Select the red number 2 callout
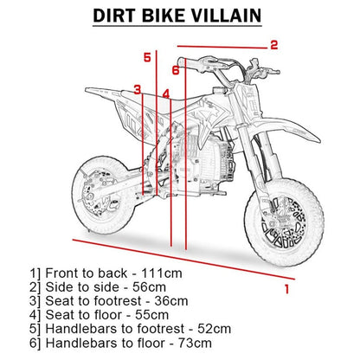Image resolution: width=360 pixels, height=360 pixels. (x=273, y=45)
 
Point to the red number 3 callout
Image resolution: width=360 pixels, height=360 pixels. (x=137, y=89)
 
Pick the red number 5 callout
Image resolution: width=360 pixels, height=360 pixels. (x=147, y=57)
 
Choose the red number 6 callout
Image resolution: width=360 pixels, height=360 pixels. (x=175, y=69)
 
